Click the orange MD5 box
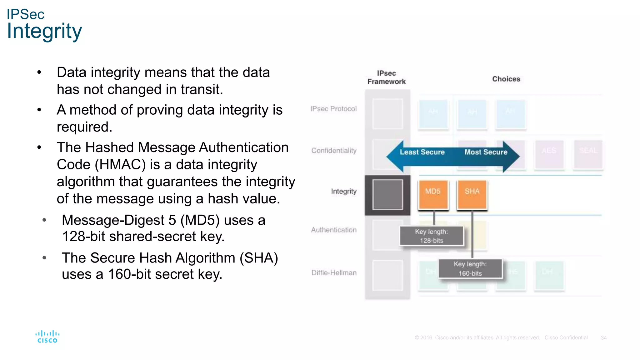click(x=433, y=194)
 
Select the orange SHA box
click(x=472, y=194)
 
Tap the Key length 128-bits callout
click(x=432, y=236)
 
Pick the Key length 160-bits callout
click(x=470, y=269)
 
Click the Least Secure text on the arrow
click(x=422, y=152)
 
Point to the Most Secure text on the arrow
click(x=486, y=152)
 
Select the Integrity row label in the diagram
click(x=344, y=191)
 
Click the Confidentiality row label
click(x=334, y=151)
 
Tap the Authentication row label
click(x=334, y=230)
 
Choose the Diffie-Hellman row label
click(x=334, y=273)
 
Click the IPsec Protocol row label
click(x=333, y=109)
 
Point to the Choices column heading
click(x=506, y=79)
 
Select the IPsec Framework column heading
click(x=387, y=77)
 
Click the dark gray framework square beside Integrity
click(x=387, y=195)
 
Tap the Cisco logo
click(x=47, y=337)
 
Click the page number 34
click(x=604, y=338)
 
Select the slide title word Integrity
click(x=44, y=31)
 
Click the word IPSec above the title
click(x=26, y=14)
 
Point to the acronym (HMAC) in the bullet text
click(x=120, y=165)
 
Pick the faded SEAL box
click(x=588, y=154)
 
